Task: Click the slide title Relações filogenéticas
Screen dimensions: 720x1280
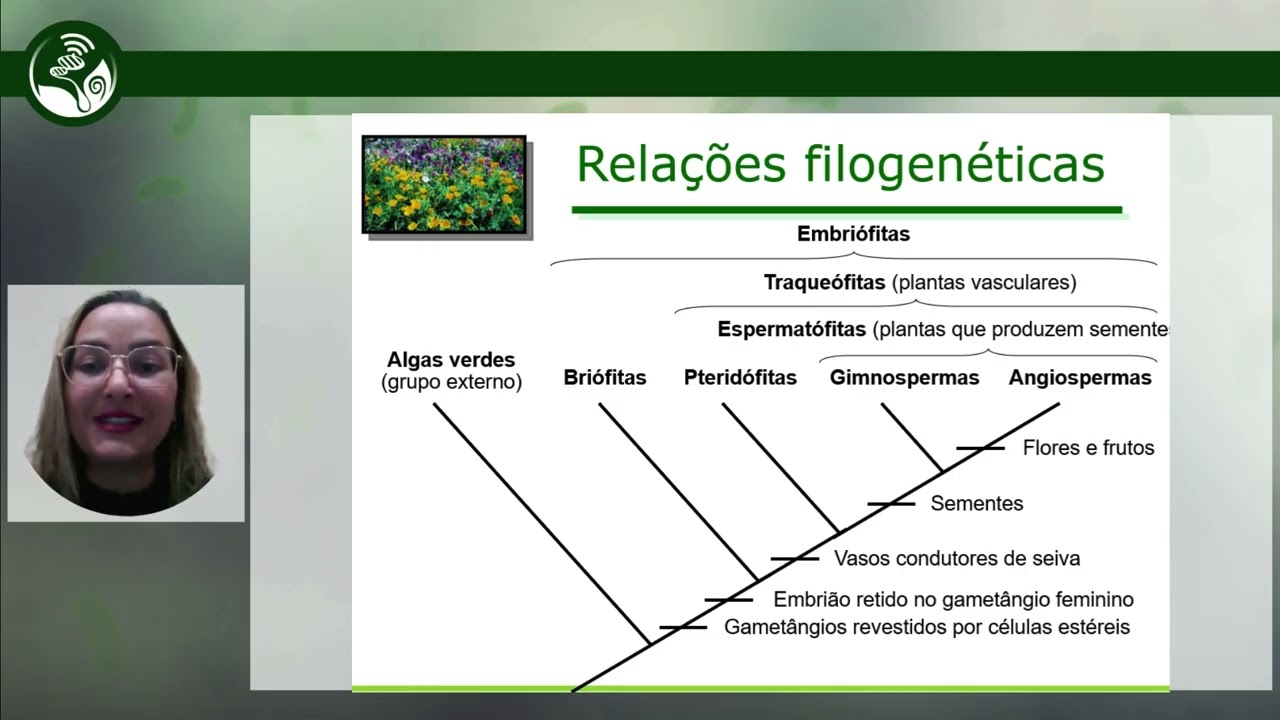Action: pos(840,165)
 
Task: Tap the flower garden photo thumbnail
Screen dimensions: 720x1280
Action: pos(444,185)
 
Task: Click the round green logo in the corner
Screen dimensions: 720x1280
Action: pos(73,73)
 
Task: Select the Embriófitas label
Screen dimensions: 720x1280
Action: pos(853,234)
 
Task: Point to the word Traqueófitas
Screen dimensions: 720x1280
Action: pos(824,283)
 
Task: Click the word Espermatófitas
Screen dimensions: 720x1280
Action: pos(792,330)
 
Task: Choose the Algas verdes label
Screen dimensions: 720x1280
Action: pos(451,360)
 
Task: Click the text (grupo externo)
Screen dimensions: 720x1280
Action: pos(451,382)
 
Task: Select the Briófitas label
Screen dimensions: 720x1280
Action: pos(604,378)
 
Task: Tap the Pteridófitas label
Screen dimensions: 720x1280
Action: pos(740,378)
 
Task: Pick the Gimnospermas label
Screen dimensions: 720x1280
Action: pos(904,378)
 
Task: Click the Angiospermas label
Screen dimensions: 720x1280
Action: pos(1079,378)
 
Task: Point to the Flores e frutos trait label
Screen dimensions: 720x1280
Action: pos(1088,448)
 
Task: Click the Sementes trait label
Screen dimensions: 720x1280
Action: pos(976,504)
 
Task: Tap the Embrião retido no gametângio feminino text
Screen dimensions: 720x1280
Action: pos(953,600)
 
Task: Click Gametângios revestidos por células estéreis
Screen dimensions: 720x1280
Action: pos(926,628)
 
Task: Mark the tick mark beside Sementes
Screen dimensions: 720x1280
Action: pos(890,503)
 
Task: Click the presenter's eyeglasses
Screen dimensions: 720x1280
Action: pos(120,364)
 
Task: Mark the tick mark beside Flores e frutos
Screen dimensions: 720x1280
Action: pos(980,448)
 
